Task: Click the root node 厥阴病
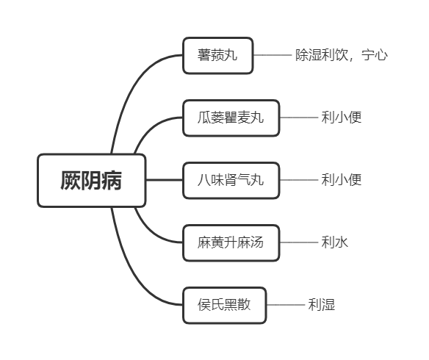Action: [x=91, y=180]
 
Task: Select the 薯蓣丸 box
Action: [x=217, y=55]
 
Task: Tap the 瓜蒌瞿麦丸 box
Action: [x=231, y=118]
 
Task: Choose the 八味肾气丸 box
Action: [x=231, y=180]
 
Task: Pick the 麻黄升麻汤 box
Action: [x=231, y=242]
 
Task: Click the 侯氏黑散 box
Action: [x=224, y=305]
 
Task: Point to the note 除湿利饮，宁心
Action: [x=342, y=55]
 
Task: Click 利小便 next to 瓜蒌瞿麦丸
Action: [x=341, y=118]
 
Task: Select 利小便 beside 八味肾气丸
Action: [x=341, y=180]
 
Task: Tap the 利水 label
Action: [x=335, y=242]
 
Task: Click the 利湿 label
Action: [x=322, y=305]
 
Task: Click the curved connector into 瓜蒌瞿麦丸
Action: [x=152, y=126]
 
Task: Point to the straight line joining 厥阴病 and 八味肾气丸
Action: [x=164, y=180]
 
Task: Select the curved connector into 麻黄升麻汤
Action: [x=152, y=234]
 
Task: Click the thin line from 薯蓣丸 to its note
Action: [x=273, y=55]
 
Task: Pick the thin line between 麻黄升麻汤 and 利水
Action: [x=299, y=242]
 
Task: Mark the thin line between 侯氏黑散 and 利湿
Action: [x=286, y=305]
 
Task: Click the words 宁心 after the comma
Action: [x=375, y=55]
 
